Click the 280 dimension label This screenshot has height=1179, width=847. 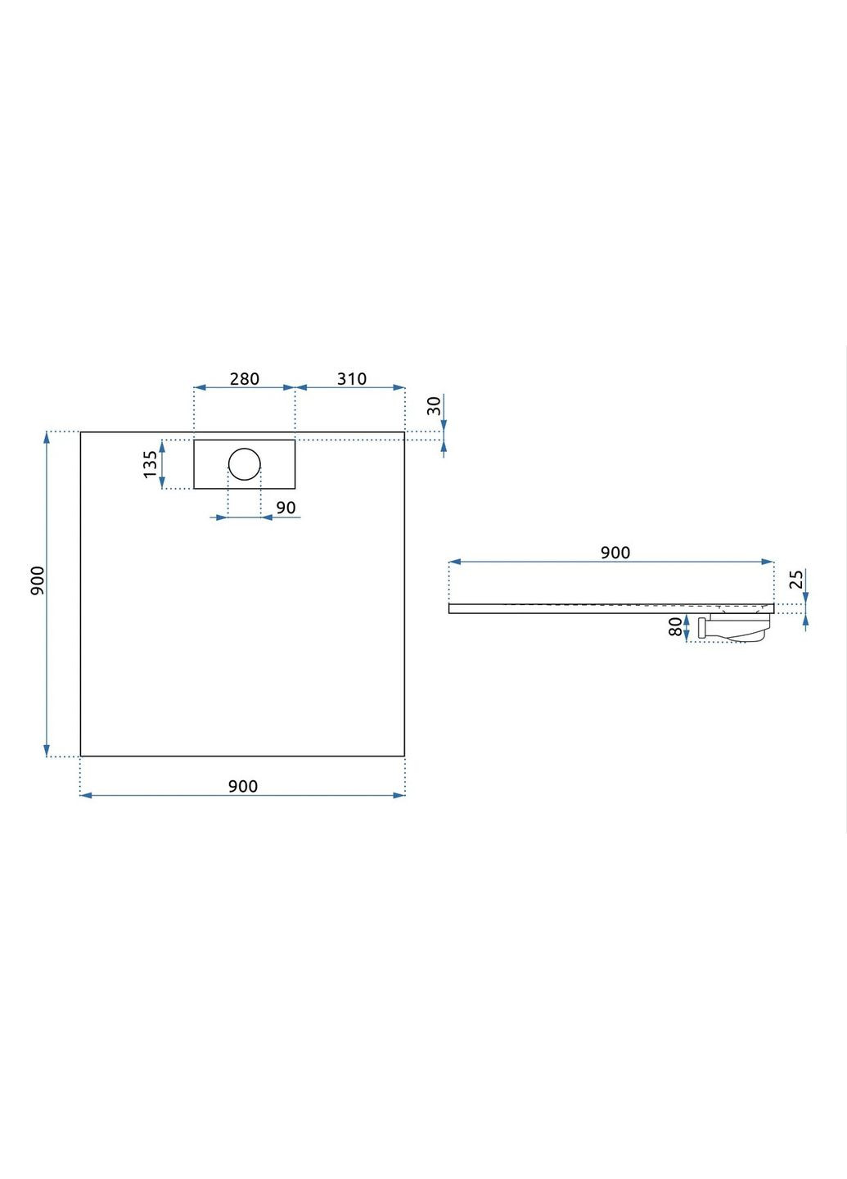pyautogui.click(x=244, y=379)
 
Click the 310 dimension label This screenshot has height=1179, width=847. pyautogui.click(x=351, y=379)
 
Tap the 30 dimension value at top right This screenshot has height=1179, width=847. pyautogui.click(x=434, y=405)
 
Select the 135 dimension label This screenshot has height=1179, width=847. pyautogui.click(x=151, y=464)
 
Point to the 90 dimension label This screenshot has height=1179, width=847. pyautogui.click(x=286, y=508)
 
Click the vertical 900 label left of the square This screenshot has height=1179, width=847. pyautogui.click(x=38, y=580)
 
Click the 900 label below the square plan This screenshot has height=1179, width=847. pyautogui.click(x=242, y=786)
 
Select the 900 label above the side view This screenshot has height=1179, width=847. pyautogui.click(x=615, y=553)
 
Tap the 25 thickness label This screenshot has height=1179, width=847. pyautogui.click(x=796, y=580)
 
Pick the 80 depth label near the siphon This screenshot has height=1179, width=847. pyautogui.click(x=675, y=627)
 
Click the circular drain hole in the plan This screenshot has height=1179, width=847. pyautogui.click(x=244, y=464)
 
